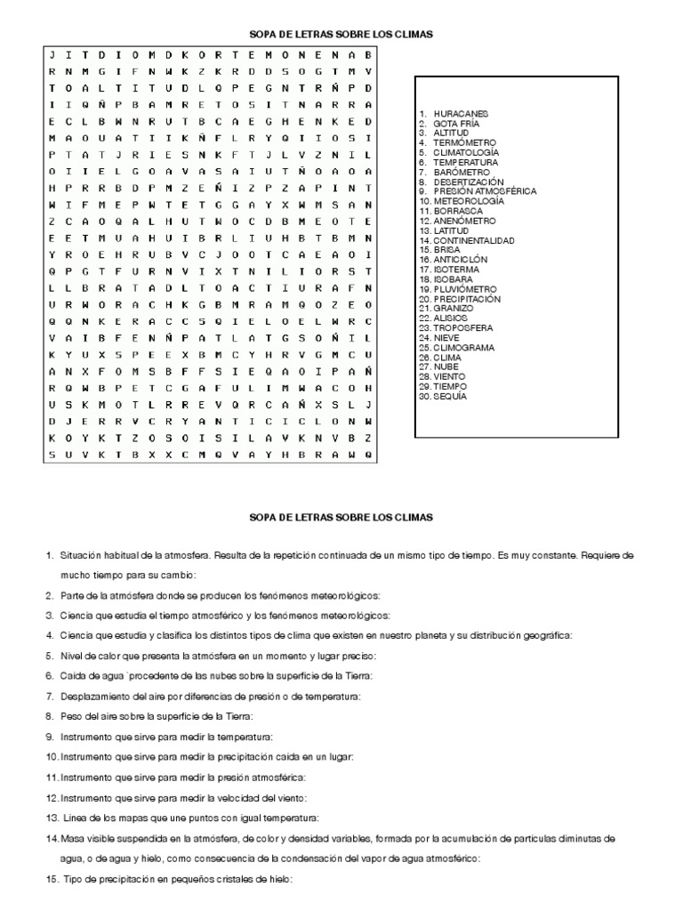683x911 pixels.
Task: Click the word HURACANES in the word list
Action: [x=461, y=115]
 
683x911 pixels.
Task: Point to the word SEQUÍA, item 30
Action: [x=449, y=397]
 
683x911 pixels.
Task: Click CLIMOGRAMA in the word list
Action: [x=464, y=348]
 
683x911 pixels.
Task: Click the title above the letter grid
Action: [x=341, y=34]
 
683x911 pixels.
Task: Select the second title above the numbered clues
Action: [x=341, y=517]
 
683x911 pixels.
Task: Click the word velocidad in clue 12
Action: [x=243, y=798]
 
